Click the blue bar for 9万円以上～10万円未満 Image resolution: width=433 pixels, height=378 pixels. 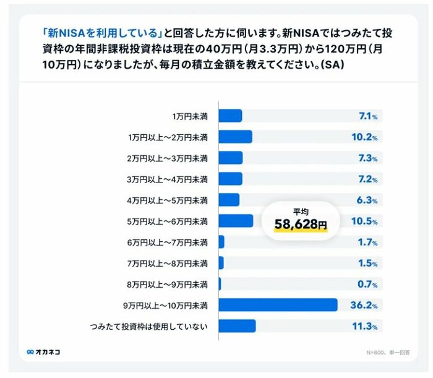pyautogui.click(x=278, y=305)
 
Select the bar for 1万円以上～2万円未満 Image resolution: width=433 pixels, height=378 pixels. pyautogui.click(x=235, y=137)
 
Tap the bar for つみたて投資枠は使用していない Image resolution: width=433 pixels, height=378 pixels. pyautogui.click(x=237, y=326)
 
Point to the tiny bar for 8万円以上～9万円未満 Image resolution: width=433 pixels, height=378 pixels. pyautogui.click(x=220, y=284)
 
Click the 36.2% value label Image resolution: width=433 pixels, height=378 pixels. pyautogui.click(x=364, y=305)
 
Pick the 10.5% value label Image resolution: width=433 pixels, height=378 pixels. pyautogui.click(x=364, y=221)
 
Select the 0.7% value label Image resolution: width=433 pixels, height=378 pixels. pyautogui.click(x=367, y=284)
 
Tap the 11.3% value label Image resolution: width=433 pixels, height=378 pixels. pyautogui.click(x=364, y=326)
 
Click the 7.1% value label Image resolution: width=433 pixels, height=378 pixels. pyautogui.click(x=367, y=116)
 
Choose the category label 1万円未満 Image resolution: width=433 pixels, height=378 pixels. pyautogui.click(x=190, y=116)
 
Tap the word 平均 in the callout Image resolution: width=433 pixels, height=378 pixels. pyautogui.click(x=300, y=210)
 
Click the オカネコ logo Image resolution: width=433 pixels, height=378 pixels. pyautogui.click(x=43, y=352)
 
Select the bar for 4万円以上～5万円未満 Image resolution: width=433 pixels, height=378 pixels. pyautogui.click(x=229, y=200)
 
